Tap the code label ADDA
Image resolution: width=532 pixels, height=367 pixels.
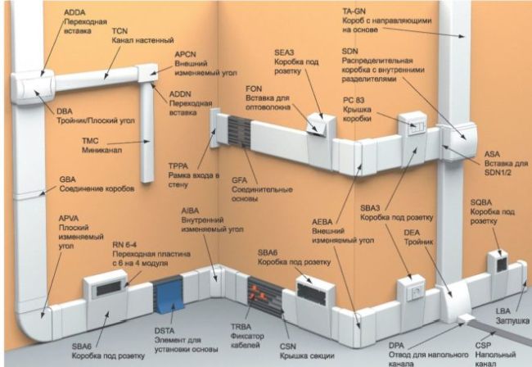(74, 12)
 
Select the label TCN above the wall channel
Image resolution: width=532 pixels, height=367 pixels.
(119, 31)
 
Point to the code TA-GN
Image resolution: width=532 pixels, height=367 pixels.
(354, 11)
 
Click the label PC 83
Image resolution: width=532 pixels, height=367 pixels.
(354, 101)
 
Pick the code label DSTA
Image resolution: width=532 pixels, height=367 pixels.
(165, 331)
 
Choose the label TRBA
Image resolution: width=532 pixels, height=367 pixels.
(241, 327)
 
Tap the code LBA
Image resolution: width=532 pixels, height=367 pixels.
(503, 311)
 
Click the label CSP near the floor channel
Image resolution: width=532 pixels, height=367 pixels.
(483, 346)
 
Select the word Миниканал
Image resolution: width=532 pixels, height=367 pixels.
(101, 150)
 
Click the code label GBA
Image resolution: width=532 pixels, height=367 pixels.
(67, 179)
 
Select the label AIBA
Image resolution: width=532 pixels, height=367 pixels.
(190, 211)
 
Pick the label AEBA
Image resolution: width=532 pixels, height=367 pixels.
(322, 222)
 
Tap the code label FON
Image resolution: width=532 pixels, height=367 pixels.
(254, 88)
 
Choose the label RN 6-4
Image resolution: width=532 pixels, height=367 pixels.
(124, 245)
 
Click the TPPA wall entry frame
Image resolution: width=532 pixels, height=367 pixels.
(214, 128)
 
